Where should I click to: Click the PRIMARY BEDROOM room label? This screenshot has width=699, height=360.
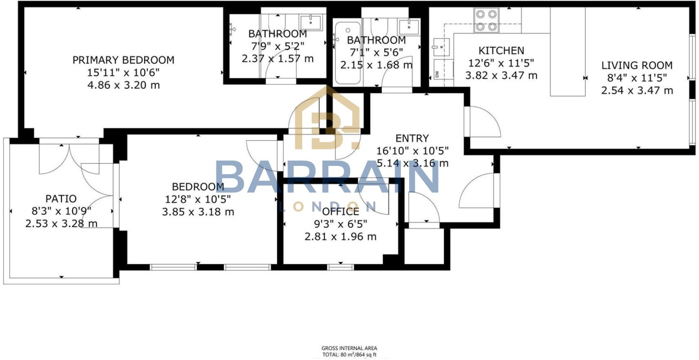point(123,60)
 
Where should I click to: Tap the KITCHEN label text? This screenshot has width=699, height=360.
point(501,51)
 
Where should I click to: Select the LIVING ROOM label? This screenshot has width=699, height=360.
point(637,65)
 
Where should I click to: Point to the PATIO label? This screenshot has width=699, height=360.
point(61,199)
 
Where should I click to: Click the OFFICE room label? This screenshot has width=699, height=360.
point(341,211)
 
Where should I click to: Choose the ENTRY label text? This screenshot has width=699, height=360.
point(412,138)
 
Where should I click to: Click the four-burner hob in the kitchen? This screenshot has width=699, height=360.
point(486,21)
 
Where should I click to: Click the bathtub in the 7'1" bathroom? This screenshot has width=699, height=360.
point(347,54)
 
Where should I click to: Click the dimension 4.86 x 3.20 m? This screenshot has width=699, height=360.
point(123,85)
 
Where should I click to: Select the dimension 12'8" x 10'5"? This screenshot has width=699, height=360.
point(198,199)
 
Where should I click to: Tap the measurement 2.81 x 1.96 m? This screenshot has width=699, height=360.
point(341,237)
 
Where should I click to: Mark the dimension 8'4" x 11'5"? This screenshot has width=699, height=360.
point(637,78)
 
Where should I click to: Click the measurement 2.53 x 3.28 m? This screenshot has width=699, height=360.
point(61,224)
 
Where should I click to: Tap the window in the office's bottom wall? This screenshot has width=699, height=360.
point(340,267)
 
